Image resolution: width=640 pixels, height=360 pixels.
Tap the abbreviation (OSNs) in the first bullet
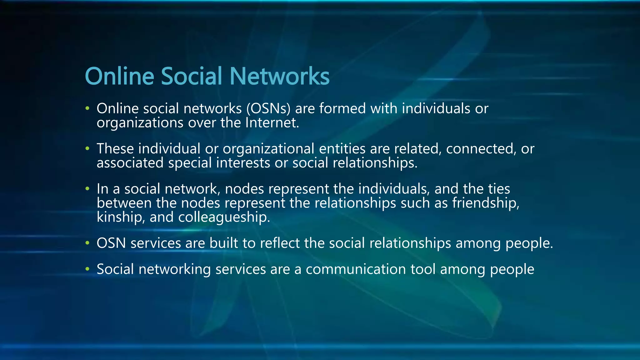[x=268, y=109]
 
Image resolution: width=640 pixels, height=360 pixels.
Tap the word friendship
[x=486, y=203]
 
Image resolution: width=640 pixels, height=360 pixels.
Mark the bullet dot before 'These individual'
[x=87, y=148]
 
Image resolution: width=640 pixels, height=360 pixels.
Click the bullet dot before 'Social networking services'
[x=87, y=269]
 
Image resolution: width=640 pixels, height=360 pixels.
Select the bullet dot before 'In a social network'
[x=87, y=189]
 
